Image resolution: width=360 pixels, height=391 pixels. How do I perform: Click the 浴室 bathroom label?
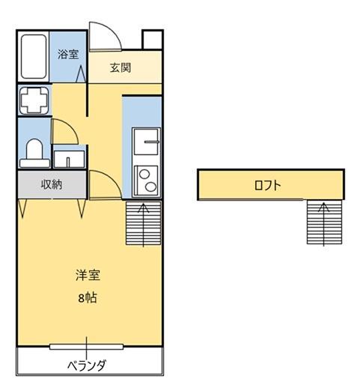point(68,54)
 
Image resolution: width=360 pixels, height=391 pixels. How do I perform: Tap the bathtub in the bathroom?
point(34,57)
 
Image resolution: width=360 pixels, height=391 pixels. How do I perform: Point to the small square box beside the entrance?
point(153,39)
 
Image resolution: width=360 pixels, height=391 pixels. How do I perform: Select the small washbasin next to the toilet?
point(70,158)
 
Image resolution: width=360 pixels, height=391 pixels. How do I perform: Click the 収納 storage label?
point(51,184)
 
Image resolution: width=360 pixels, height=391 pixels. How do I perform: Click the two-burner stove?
point(147,180)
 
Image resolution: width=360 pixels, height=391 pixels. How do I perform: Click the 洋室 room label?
point(88,275)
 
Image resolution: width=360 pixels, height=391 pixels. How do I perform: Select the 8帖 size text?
point(88,297)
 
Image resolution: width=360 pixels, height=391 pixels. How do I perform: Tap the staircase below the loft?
point(324,222)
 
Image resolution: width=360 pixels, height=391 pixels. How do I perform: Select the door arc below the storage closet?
point(102,184)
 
